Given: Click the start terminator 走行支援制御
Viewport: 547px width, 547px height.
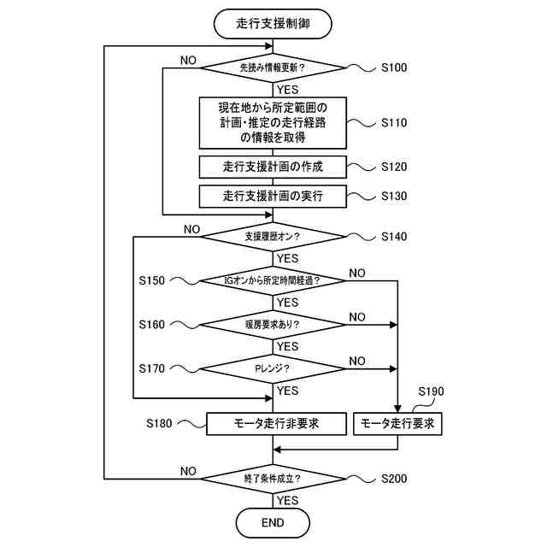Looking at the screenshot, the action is (x=273, y=24).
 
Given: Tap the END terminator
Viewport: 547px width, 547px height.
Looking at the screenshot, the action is (x=273, y=522).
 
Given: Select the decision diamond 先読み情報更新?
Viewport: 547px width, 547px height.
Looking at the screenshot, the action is (x=273, y=68).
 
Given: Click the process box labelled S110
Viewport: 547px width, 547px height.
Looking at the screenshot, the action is (x=273, y=123).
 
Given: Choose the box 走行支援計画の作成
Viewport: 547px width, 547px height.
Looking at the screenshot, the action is (x=273, y=167).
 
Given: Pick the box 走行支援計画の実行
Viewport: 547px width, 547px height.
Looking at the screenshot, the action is (x=273, y=196).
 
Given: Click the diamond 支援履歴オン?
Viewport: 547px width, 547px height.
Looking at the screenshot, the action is (x=273, y=237).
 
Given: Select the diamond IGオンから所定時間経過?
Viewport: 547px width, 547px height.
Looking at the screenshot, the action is (x=273, y=280).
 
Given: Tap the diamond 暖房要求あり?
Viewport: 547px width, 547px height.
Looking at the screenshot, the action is (x=273, y=325).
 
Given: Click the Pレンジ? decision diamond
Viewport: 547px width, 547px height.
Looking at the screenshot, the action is (x=273, y=368).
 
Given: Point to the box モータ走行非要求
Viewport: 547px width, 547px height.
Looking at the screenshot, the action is (x=276, y=424).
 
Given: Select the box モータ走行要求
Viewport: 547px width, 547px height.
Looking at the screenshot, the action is (x=397, y=424).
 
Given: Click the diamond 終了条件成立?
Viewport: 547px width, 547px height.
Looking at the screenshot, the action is (x=273, y=479).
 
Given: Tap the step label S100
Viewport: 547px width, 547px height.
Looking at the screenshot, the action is (x=394, y=68).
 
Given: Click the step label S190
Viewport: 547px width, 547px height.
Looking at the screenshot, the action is (x=431, y=391).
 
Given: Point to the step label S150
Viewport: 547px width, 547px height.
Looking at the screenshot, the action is (x=152, y=280).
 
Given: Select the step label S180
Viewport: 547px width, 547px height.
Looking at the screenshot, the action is (x=159, y=424).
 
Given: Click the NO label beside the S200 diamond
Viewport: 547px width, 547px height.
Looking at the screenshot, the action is (x=188, y=471).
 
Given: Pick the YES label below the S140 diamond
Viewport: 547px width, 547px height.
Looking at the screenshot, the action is (x=288, y=258).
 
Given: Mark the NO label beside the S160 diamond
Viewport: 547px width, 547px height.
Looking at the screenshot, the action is (x=357, y=317).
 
